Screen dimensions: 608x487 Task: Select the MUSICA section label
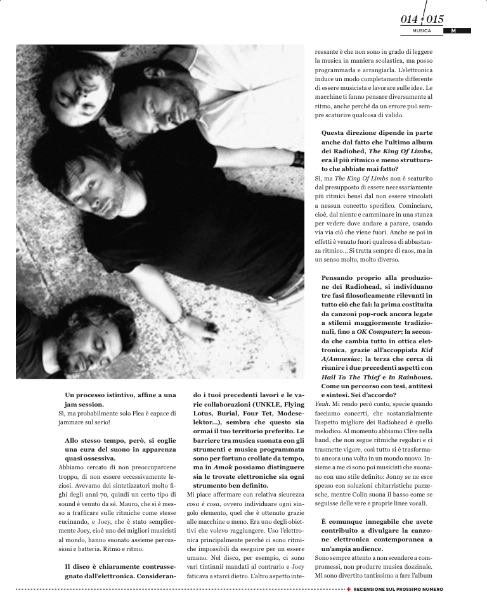click(422, 30)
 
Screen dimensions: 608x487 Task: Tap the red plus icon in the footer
click(348, 589)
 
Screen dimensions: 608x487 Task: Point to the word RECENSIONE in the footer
click(373, 589)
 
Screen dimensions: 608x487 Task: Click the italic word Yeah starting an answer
click(323, 403)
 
